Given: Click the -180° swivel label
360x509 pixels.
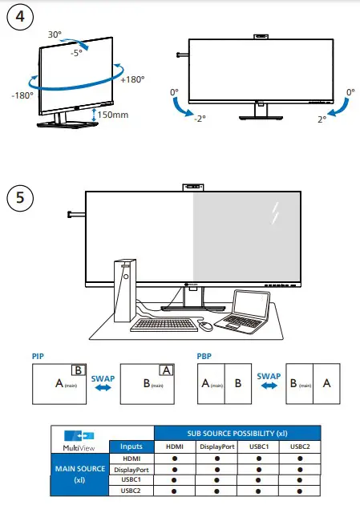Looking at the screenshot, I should tap(22, 95).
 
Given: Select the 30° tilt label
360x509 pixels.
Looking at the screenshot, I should tap(55, 35).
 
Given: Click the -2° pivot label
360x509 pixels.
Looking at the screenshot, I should tap(199, 118).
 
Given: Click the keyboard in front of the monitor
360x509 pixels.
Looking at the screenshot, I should tap(164, 325).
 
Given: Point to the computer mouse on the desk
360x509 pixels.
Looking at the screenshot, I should tap(206, 326).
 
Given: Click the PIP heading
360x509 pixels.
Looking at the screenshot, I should tap(38, 354).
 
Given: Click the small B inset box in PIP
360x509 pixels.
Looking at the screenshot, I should tap(79, 370).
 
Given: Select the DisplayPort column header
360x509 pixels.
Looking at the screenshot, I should tap(216, 446).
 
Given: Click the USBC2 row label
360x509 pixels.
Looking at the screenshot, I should tap(130, 490).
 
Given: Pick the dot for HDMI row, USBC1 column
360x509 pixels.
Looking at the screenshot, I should tap(258, 459).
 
